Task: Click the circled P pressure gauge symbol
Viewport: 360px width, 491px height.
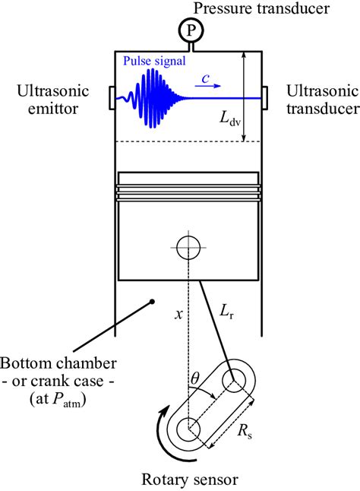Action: click(x=191, y=30)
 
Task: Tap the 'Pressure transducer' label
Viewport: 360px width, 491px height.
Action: click(x=261, y=8)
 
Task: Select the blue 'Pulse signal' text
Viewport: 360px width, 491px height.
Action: click(x=154, y=61)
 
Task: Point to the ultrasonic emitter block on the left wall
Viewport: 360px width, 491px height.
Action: click(x=112, y=98)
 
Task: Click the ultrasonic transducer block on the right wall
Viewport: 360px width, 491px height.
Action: click(x=264, y=98)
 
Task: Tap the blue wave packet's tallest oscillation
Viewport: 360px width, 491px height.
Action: click(x=153, y=98)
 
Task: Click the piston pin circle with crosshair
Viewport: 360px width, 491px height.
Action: click(x=188, y=247)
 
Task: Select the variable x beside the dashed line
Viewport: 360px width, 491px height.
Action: click(x=178, y=314)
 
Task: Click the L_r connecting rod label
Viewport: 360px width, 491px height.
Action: click(x=226, y=312)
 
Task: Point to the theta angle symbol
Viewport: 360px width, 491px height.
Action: click(x=194, y=379)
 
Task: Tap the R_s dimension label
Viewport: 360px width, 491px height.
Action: click(x=245, y=432)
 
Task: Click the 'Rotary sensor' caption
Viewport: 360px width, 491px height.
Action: click(x=190, y=480)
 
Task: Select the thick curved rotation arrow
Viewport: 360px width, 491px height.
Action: click(x=169, y=436)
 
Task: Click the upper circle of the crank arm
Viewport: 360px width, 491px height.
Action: click(x=234, y=380)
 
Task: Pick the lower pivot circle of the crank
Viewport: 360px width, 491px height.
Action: click(x=188, y=429)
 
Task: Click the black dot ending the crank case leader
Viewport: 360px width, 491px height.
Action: click(x=152, y=302)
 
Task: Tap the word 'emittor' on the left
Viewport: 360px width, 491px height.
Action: click(x=53, y=109)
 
